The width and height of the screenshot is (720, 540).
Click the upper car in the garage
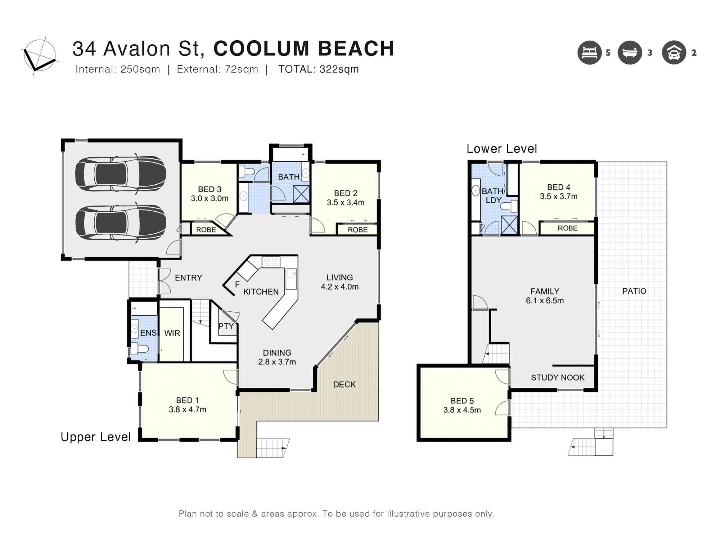(x=121, y=174)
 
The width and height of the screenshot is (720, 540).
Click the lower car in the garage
(x=121, y=223)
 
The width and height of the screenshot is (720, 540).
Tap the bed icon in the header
(x=589, y=53)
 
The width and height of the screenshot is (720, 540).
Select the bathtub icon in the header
(x=630, y=53)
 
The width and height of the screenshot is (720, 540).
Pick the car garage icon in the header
(x=674, y=53)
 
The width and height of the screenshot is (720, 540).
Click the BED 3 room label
(x=210, y=189)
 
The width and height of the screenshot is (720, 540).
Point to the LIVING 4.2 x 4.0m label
(x=339, y=282)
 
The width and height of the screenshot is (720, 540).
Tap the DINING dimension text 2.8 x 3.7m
(x=277, y=362)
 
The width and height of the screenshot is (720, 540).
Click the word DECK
(x=344, y=384)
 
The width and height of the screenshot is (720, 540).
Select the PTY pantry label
(x=226, y=326)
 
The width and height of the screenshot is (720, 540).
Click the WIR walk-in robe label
(x=172, y=333)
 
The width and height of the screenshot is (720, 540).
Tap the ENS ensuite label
(x=148, y=333)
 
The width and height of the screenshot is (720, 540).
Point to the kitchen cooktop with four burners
(x=271, y=262)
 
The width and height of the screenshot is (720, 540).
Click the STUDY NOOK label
(x=557, y=377)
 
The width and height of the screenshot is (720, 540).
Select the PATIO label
(x=634, y=291)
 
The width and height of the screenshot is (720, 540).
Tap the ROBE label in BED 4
(x=567, y=228)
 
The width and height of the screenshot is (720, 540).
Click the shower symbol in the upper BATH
(x=301, y=194)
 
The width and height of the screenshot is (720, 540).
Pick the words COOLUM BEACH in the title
(x=304, y=49)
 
